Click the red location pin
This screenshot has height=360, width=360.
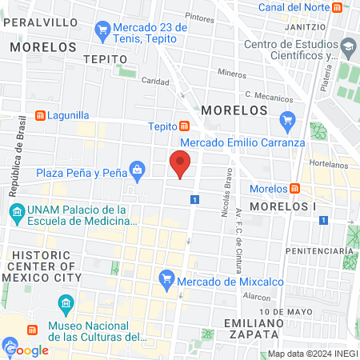coord(181,164)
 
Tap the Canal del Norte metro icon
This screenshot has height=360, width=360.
coord(342,8)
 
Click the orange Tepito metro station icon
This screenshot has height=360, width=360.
coord(185,126)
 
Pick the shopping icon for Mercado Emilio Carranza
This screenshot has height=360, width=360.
coord(288,122)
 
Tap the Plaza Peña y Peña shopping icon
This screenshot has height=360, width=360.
coord(138,170)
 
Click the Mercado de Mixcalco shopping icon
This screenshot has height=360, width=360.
coord(166,279)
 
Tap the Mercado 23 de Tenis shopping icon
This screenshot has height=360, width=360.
coord(102,32)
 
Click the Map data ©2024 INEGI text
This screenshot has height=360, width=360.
coord(311,354)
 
